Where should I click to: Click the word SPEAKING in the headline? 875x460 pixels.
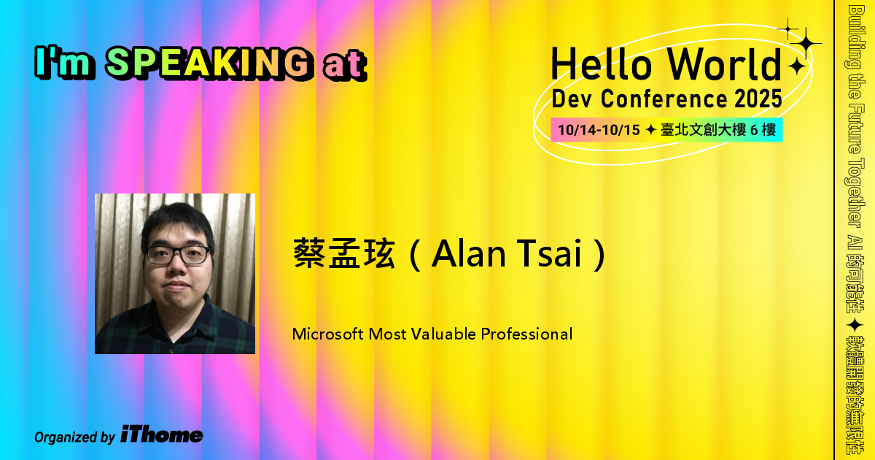206,64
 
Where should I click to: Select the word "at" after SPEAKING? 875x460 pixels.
343,66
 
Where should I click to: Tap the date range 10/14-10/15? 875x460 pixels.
598,131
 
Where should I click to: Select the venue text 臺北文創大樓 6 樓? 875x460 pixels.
719,131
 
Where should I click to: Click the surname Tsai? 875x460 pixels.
558,255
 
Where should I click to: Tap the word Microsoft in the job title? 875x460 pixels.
327,334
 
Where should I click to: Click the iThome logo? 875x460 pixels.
162,435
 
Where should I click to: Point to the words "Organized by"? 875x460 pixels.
74,437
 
